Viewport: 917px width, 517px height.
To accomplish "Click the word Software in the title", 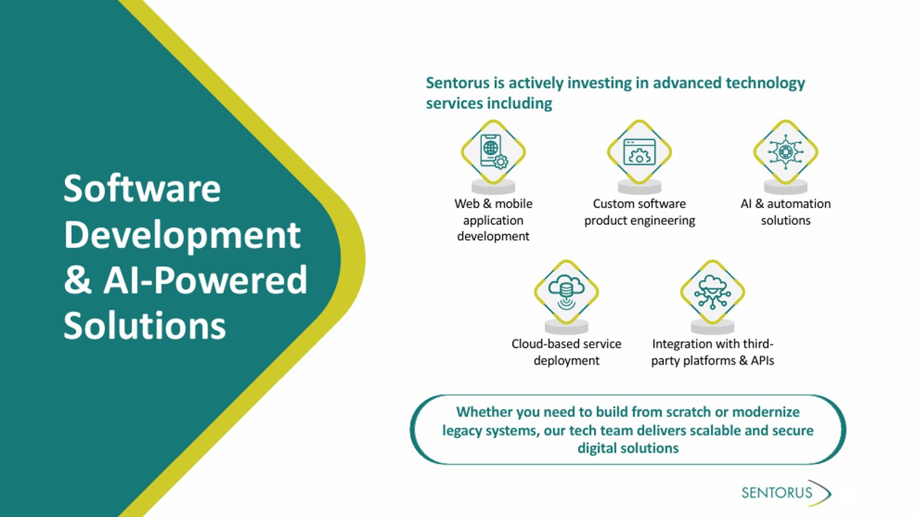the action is coord(142,188).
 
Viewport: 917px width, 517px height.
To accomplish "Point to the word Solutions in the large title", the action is coord(145,325).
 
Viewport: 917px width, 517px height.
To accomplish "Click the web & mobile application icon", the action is coord(493,152).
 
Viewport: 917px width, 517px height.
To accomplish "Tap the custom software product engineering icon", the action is coord(639,152).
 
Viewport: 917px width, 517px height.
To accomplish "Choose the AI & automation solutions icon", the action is coord(785,152).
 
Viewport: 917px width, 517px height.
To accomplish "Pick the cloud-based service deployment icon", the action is coord(566,292).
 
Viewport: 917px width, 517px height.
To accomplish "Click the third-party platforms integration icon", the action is coord(712,292).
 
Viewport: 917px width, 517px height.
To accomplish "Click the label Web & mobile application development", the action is coord(493,220).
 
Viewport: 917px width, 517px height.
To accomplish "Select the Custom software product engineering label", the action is coord(639,212).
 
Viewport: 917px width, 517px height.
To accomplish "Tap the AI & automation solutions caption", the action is coord(785,212).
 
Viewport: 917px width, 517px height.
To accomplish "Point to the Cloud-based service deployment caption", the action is coord(566,352).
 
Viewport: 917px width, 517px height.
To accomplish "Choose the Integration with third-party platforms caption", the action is coord(712,352).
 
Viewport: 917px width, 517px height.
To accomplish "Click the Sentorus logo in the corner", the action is coord(785,493).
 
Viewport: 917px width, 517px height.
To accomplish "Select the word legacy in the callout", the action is coord(464,430).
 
